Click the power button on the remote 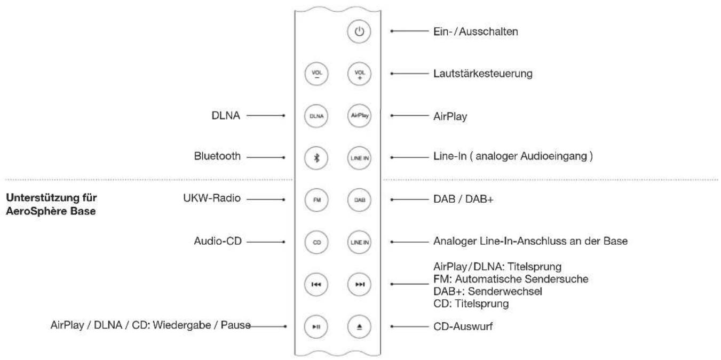tap(359, 32)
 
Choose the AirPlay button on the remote tap(359, 115)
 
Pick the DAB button tap(359, 199)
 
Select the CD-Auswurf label tap(462, 325)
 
